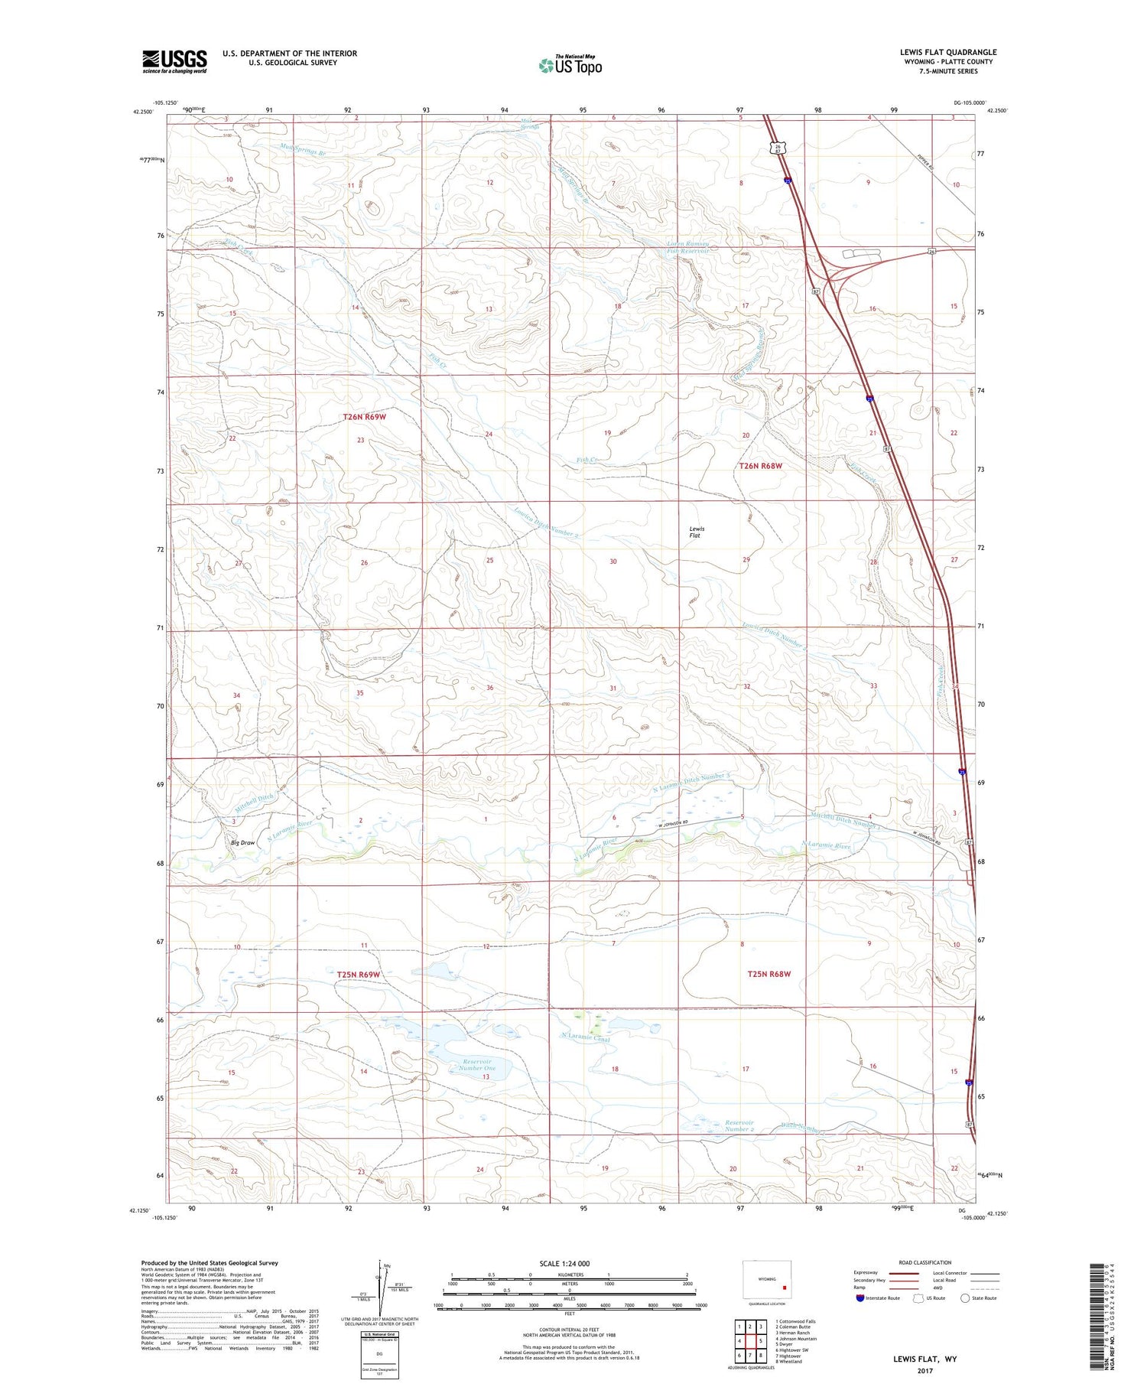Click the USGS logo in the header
click(x=174, y=61)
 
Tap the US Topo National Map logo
click(x=570, y=65)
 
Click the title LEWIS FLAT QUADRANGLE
click(x=948, y=52)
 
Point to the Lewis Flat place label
click(x=696, y=532)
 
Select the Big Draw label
click(x=243, y=842)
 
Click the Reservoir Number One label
click(x=479, y=1064)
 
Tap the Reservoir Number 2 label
click(x=739, y=1126)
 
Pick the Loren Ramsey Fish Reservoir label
click(x=687, y=248)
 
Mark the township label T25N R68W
click(x=768, y=974)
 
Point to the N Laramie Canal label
click(x=585, y=1037)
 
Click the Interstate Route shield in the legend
click(x=860, y=1298)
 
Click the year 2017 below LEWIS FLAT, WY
click(x=925, y=1371)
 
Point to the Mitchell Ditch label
click(x=255, y=798)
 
